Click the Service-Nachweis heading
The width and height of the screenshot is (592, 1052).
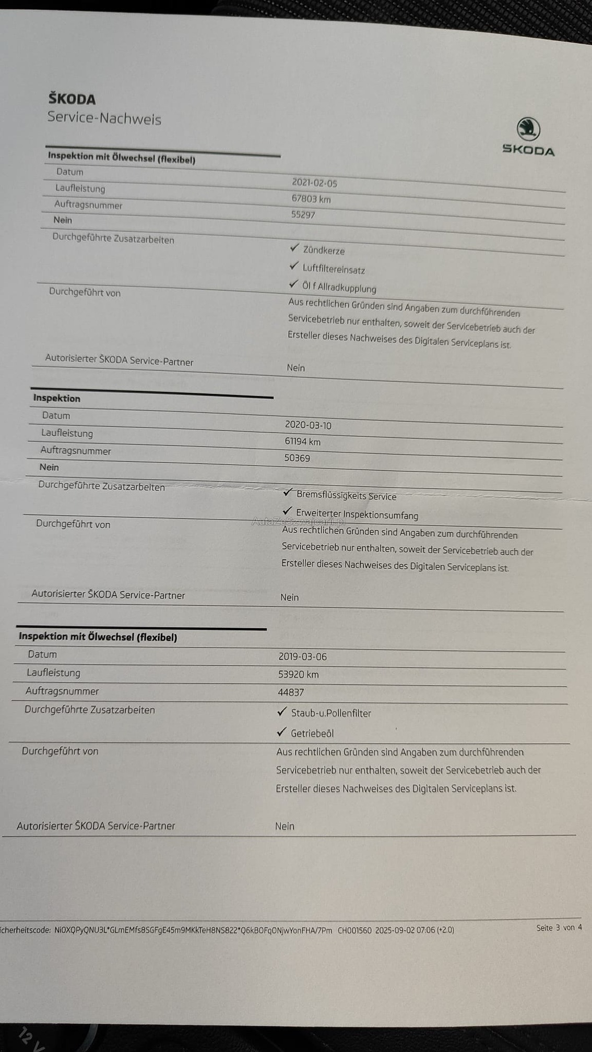(x=104, y=118)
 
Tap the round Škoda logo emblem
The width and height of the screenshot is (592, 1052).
(x=528, y=128)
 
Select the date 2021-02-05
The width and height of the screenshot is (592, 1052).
(x=314, y=183)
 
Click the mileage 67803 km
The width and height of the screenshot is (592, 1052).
(x=311, y=199)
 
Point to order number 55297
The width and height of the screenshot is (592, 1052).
(x=303, y=214)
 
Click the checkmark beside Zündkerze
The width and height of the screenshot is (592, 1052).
(x=294, y=247)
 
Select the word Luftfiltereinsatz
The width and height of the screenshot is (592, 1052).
(x=334, y=270)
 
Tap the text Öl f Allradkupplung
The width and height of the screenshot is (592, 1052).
(x=339, y=288)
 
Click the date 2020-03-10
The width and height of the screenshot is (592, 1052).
(x=308, y=425)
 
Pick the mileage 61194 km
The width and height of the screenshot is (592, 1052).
(x=302, y=441)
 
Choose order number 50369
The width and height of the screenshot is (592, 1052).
(x=297, y=458)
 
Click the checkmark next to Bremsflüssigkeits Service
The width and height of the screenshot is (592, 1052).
(x=288, y=492)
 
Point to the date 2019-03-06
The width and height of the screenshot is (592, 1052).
(x=302, y=657)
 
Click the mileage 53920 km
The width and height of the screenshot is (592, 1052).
(x=298, y=674)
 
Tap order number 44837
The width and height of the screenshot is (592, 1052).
(x=291, y=692)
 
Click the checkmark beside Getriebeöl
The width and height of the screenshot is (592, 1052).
(x=282, y=732)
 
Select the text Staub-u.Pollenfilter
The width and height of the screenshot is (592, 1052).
(x=331, y=713)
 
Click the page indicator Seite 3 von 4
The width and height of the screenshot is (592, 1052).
(x=559, y=927)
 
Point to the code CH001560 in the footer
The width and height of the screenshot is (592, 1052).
(x=354, y=930)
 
